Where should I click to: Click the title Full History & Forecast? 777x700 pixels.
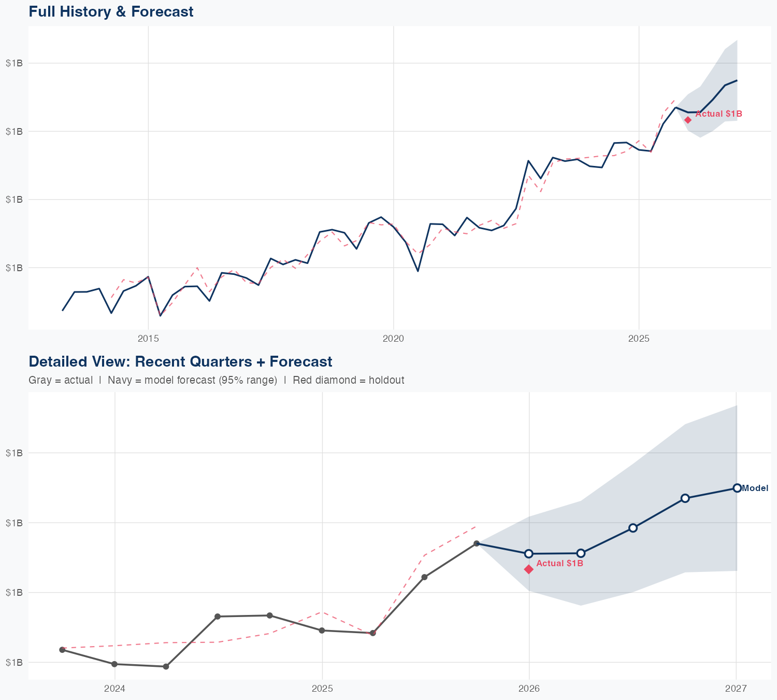(x=111, y=11)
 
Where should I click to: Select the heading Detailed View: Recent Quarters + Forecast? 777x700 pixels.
(x=180, y=361)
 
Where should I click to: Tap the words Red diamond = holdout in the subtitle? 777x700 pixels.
(x=348, y=380)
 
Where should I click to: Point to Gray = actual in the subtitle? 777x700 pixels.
(x=61, y=380)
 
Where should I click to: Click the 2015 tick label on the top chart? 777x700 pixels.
(x=148, y=339)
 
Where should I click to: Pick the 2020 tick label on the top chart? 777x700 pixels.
(x=393, y=339)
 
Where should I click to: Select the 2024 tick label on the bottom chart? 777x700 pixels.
(x=114, y=689)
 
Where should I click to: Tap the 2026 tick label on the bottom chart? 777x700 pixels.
(x=529, y=689)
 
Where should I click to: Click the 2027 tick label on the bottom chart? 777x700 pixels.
(x=736, y=689)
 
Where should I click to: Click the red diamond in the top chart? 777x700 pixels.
(x=688, y=120)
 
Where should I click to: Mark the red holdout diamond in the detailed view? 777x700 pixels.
(x=529, y=569)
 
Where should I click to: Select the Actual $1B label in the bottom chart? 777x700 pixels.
(x=559, y=563)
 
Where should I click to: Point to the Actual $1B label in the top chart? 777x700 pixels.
(x=718, y=114)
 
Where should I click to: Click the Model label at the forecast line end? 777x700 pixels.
(x=755, y=488)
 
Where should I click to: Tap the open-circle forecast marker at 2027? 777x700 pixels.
(x=737, y=488)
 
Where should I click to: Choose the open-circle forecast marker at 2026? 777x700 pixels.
(x=529, y=554)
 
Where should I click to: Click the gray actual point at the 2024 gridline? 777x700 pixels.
(x=114, y=664)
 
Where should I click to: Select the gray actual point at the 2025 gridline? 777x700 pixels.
(x=322, y=631)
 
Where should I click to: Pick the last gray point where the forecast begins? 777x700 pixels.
(x=477, y=543)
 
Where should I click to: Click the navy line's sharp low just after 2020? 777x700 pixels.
(x=418, y=271)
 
